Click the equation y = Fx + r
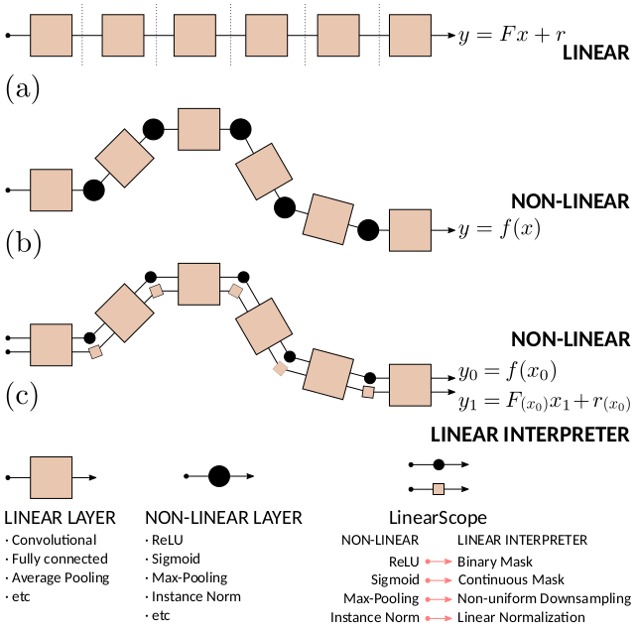pyautogui.click(x=512, y=35)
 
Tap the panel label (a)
pyautogui.click(x=23, y=89)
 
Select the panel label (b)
pyautogui.click(x=24, y=243)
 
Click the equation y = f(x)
pyautogui.click(x=500, y=229)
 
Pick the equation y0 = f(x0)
pyautogui.click(x=507, y=372)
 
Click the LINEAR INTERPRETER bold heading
pyautogui.click(x=530, y=435)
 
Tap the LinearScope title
pyautogui.click(x=438, y=518)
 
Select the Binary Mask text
pyautogui.click(x=495, y=562)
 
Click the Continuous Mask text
pyautogui.click(x=511, y=579)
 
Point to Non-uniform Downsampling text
pyautogui.click(x=545, y=598)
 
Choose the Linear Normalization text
pyautogui.click(x=521, y=617)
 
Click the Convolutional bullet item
pyautogui.click(x=52, y=540)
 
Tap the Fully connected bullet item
pyautogui.click(x=57, y=560)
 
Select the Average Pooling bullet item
pyautogui.click(x=58, y=577)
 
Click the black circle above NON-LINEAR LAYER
pyautogui.click(x=219, y=476)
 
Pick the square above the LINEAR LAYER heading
pyautogui.click(x=52, y=477)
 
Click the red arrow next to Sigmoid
pyautogui.click(x=439, y=580)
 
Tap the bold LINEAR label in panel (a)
pyautogui.click(x=595, y=53)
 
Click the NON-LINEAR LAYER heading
pyautogui.click(x=224, y=518)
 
